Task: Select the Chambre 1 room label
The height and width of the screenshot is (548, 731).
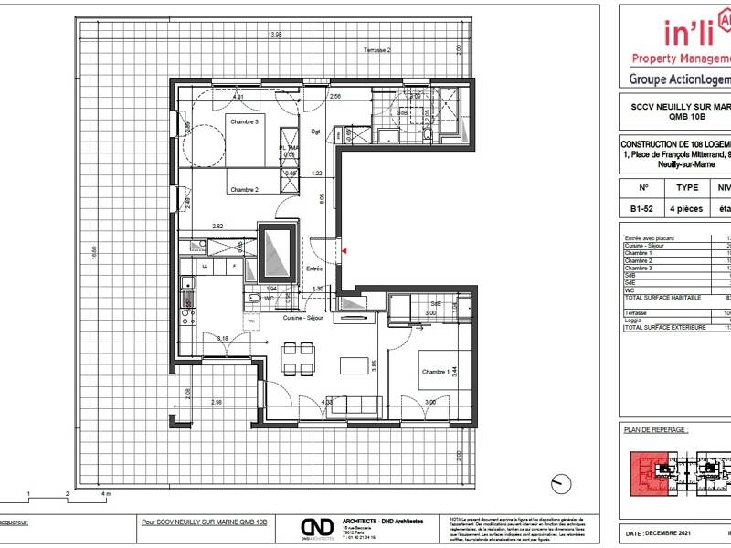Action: tap(435, 372)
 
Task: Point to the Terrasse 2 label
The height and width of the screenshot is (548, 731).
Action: tap(377, 49)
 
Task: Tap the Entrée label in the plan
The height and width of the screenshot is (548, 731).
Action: tap(314, 269)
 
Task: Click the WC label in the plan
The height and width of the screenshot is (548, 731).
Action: tap(270, 298)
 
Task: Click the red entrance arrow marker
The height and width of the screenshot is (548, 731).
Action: tap(344, 247)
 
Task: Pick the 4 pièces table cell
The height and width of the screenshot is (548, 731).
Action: tap(687, 208)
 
